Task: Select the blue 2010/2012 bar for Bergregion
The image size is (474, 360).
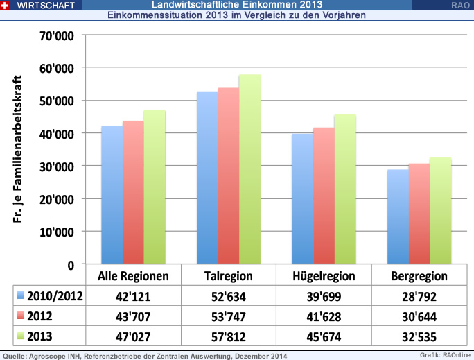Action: [398, 216]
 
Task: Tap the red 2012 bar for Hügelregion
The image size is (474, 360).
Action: [324, 196]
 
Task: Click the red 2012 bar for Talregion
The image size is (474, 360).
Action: [229, 175]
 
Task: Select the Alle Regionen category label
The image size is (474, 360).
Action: [134, 276]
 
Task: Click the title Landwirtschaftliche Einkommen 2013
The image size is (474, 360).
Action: [236, 5]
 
